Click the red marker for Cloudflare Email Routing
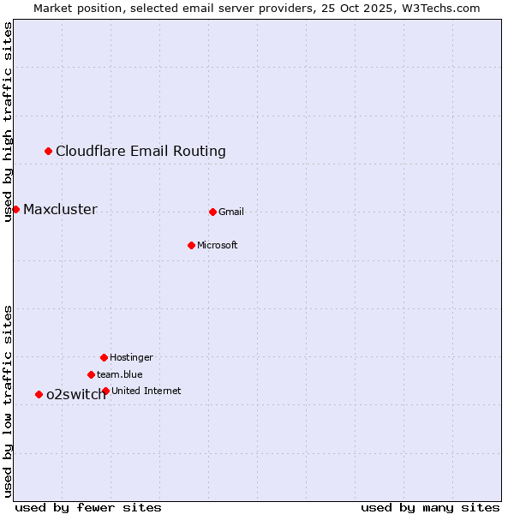click(49, 151)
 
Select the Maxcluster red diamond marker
click(15, 209)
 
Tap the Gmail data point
click(212, 212)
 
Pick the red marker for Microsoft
click(191, 245)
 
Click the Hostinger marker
click(104, 357)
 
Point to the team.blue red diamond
click(91, 374)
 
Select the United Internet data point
click(105, 391)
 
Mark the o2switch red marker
click(39, 394)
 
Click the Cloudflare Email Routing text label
click(140, 152)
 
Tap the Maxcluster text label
click(60, 210)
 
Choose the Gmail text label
click(231, 212)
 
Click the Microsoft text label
click(218, 246)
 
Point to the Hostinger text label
click(131, 358)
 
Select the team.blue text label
click(120, 375)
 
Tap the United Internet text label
click(146, 391)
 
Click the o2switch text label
click(75, 395)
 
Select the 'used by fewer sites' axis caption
click(88, 507)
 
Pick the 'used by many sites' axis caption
click(430, 507)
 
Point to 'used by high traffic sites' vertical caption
click(9, 122)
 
